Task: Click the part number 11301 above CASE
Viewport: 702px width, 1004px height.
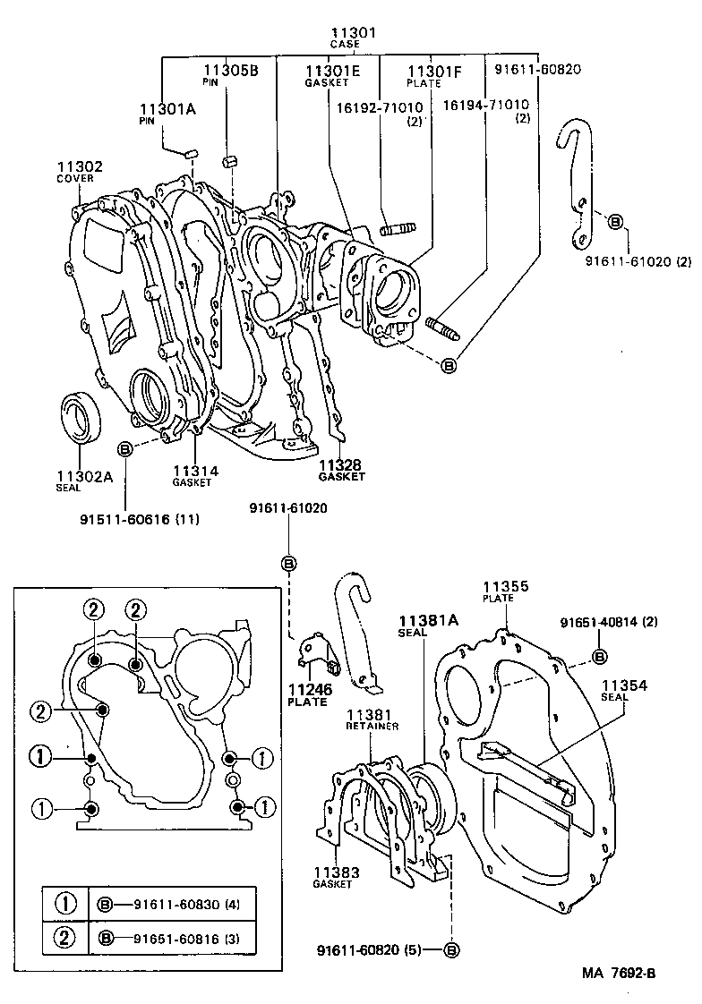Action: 353,33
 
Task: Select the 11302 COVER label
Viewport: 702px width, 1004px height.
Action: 80,172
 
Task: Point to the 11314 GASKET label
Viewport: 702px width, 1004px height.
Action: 194,475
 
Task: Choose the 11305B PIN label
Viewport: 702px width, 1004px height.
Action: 229,73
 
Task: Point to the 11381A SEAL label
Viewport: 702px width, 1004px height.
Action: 426,625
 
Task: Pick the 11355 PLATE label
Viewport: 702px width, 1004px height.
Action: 506,591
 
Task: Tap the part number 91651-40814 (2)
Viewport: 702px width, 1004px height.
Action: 609,622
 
